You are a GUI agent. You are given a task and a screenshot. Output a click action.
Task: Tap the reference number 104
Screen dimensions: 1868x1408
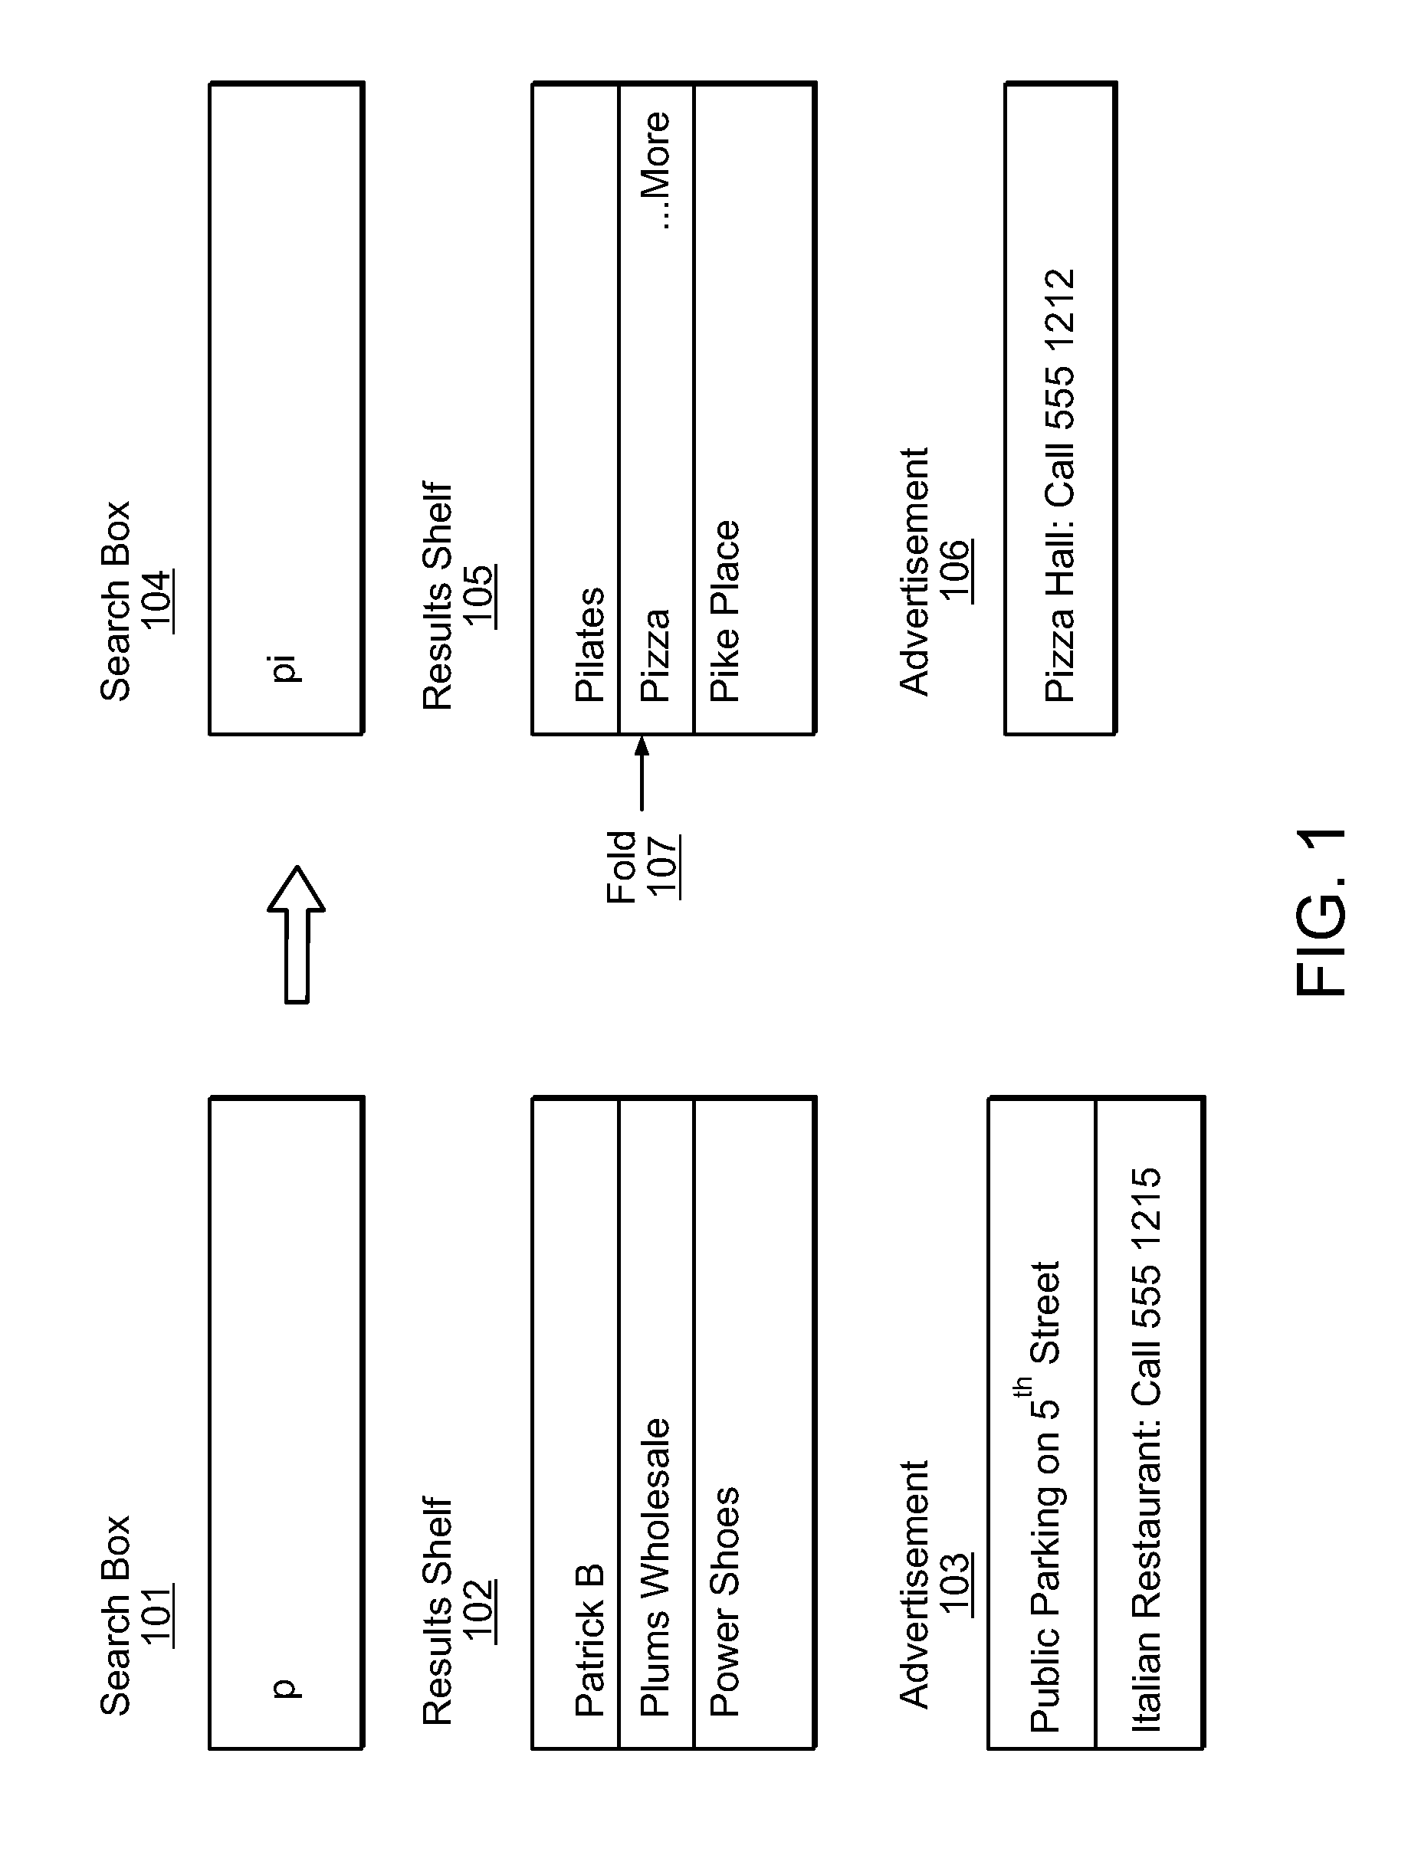(x=158, y=601)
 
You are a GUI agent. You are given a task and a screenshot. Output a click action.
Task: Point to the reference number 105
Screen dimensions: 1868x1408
(x=480, y=595)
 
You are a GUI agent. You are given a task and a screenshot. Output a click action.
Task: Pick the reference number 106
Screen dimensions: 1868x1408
(x=955, y=570)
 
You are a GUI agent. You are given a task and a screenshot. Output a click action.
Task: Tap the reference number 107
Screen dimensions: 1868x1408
(x=664, y=865)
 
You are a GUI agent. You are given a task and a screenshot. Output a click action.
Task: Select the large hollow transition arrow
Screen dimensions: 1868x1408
(x=297, y=933)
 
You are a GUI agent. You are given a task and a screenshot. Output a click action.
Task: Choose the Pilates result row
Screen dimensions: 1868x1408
(x=589, y=644)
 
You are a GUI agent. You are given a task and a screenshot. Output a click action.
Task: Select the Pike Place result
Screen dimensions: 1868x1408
(x=724, y=611)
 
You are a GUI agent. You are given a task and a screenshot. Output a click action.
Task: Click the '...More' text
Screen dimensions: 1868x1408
(x=655, y=169)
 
